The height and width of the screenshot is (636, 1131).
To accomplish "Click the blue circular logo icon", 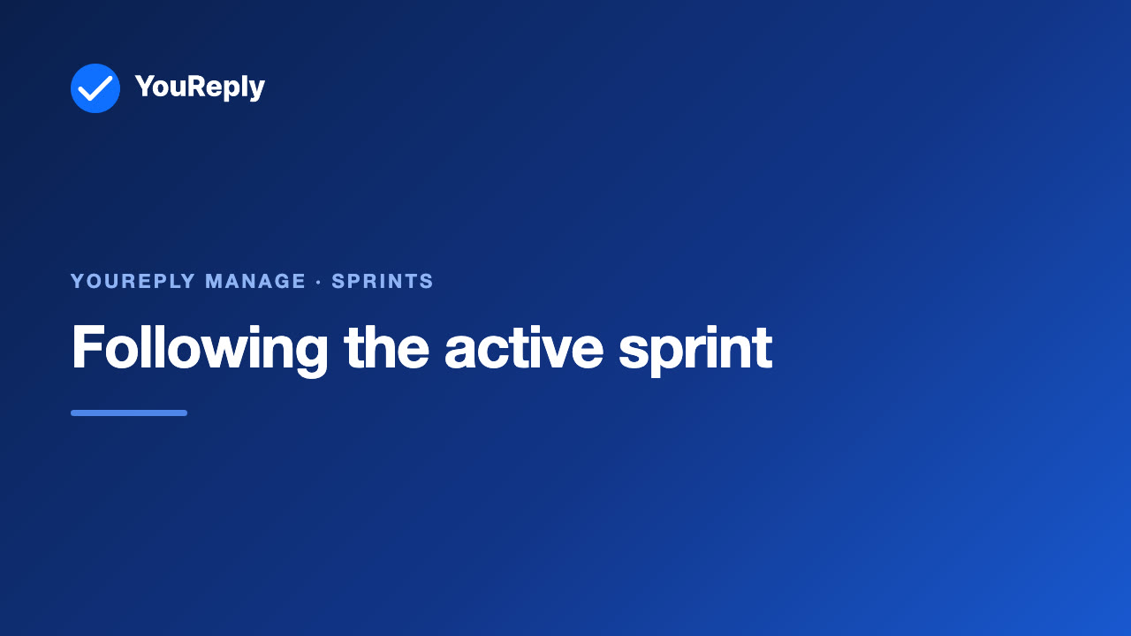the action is pyautogui.click(x=95, y=88).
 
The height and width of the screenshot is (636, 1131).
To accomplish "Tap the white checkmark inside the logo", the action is pyautogui.click(x=95, y=88).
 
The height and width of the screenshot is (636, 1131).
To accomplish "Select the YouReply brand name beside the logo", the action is pyautogui.click(x=200, y=87).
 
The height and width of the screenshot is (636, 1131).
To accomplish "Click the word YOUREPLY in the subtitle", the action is pyautogui.click(x=133, y=281).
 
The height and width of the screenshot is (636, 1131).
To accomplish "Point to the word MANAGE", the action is pyautogui.click(x=255, y=281).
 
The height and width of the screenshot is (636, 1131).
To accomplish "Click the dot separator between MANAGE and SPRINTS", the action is pyautogui.click(x=319, y=282).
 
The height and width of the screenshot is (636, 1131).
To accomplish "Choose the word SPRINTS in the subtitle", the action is pyautogui.click(x=383, y=281).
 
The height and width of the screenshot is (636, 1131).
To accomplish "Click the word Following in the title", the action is pyautogui.click(x=200, y=349).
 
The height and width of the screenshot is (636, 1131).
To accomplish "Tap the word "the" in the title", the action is pyautogui.click(x=386, y=347).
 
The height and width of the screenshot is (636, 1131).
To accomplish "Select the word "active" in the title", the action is pyautogui.click(x=524, y=347).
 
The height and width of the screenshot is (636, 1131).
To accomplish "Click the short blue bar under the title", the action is pyautogui.click(x=129, y=413).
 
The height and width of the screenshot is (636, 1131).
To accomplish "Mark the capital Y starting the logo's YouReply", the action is pyautogui.click(x=145, y=87).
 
